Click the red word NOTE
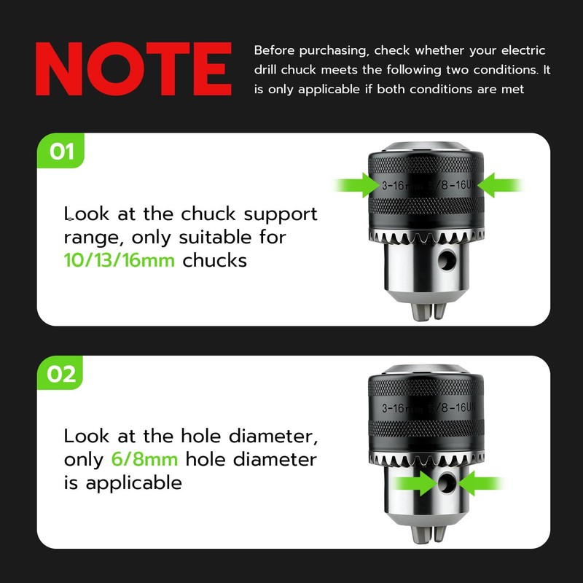click(x=133, y=69)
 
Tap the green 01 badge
click(x=60, y=151)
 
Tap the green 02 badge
click(x=60, y=373)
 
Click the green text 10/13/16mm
click(x=119, y=260)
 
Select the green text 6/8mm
click(x=144, y=459)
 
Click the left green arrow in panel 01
click(x=357, y=185)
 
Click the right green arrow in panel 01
click(x=501, y=185)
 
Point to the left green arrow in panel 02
click(x=415, y=483)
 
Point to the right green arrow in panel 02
click(x=481, y=483)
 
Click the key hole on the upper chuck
click(x=447, y=259)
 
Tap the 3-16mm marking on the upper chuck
click(x=402, y=185)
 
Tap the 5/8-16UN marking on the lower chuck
click(x=452, y=407)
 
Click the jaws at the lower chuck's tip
click(x=428, y=534)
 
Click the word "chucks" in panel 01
click(x=214, y=260)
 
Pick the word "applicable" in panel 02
click(x=134, y=483)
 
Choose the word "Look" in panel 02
click(x=87, y=436)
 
